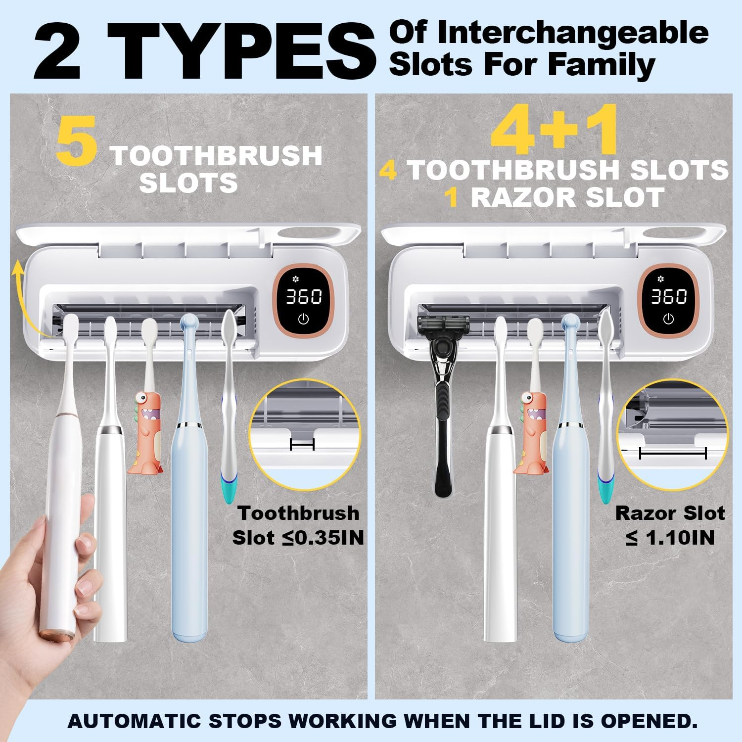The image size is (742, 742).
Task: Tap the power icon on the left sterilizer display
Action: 303,319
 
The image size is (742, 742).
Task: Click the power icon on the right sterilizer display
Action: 668,319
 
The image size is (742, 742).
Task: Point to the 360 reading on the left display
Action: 304,297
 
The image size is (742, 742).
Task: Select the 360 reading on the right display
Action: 669,297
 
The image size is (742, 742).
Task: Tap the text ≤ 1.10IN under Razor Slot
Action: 670,538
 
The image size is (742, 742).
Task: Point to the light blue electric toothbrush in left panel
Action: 189,495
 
